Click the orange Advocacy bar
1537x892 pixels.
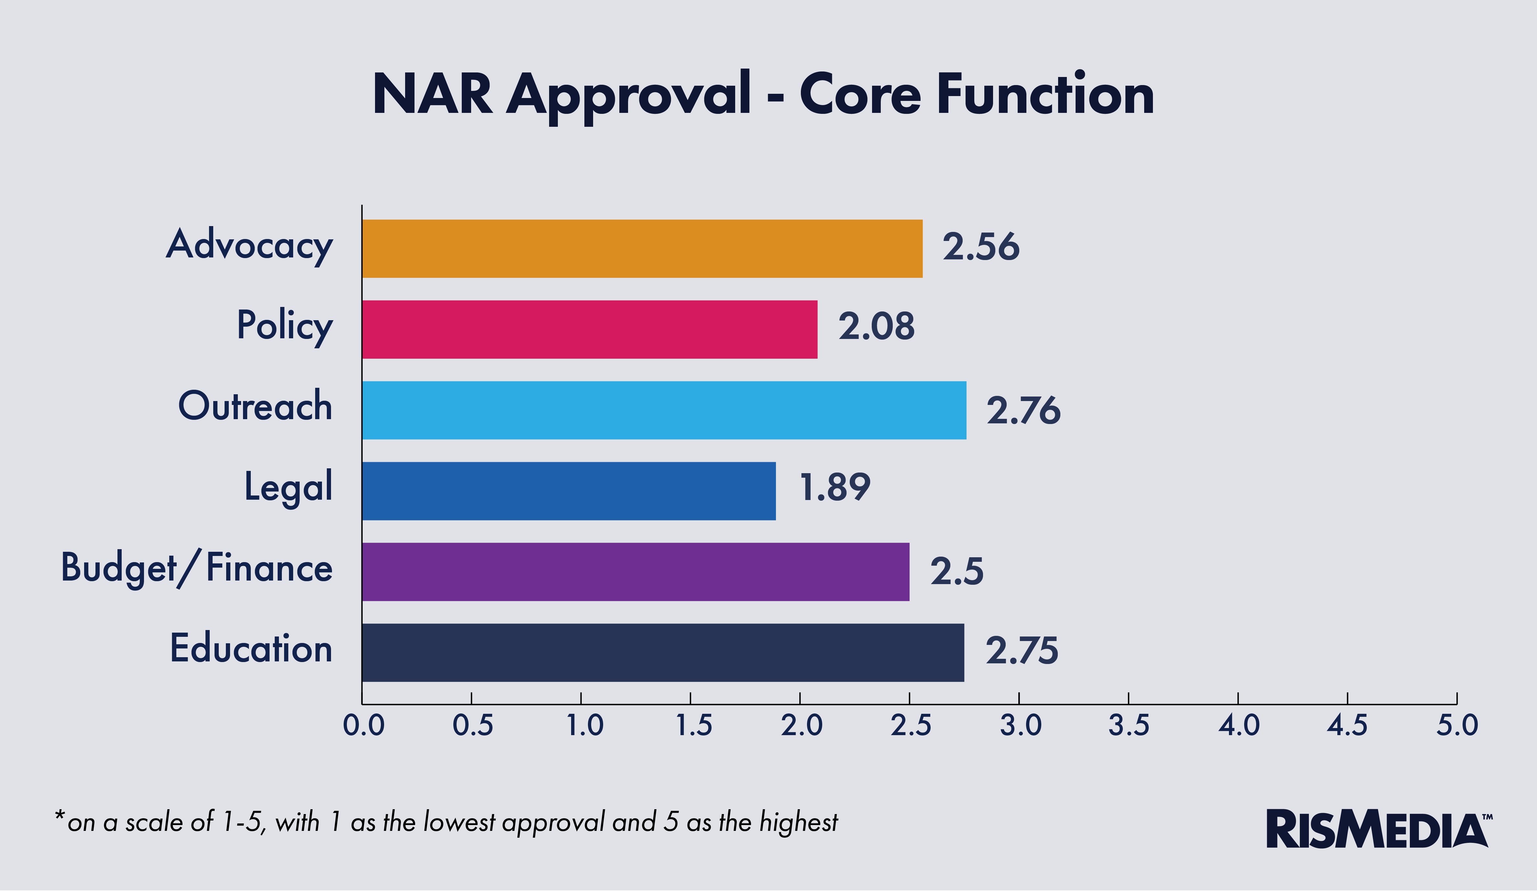click(x=642, y=249)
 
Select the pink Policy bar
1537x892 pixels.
click(x=589, y=329)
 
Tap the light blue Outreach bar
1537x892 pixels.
click(x=664, y=410)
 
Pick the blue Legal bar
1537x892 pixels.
click(x=569, y=491)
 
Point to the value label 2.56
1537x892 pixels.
click(x=980, y=247)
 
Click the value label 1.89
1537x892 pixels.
click(x=835, y=488)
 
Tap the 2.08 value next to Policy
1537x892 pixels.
click(x=877, y=326)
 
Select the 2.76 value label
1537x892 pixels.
click(x=1023, y=410)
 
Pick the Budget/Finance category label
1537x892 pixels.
click(x=196, y=568)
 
